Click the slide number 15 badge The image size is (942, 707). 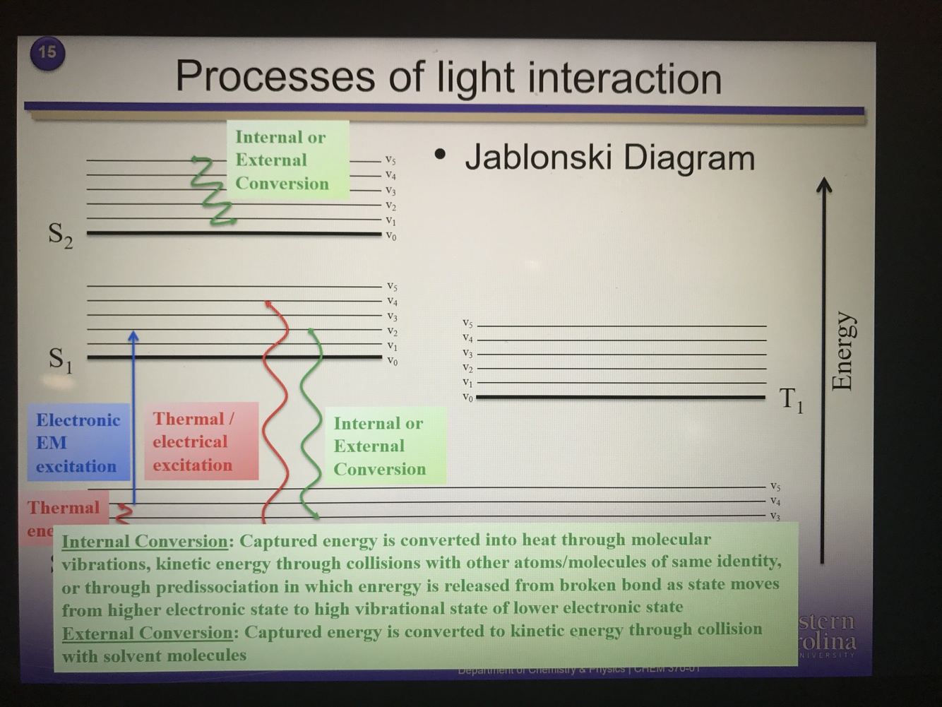[47, 52]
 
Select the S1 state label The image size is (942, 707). [60, 360]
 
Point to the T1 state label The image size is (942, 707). [791, 400]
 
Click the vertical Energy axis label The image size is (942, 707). [842, 351]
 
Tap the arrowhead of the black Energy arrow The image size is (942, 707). [823, 185]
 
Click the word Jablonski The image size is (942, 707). [537, 158]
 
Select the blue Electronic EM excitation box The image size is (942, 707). [78, 443]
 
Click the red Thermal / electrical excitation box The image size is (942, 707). [201, 442]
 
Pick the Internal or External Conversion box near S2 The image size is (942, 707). [287, 160]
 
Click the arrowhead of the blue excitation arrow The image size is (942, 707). [133, 335]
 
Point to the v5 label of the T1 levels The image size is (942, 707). [467, 323]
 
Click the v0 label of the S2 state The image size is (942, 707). [390, 237]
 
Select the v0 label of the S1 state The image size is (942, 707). [392, 362]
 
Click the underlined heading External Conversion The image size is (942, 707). [147, 633]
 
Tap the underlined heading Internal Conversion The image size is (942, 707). [145, 542]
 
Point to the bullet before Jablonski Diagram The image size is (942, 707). [441, 154]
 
